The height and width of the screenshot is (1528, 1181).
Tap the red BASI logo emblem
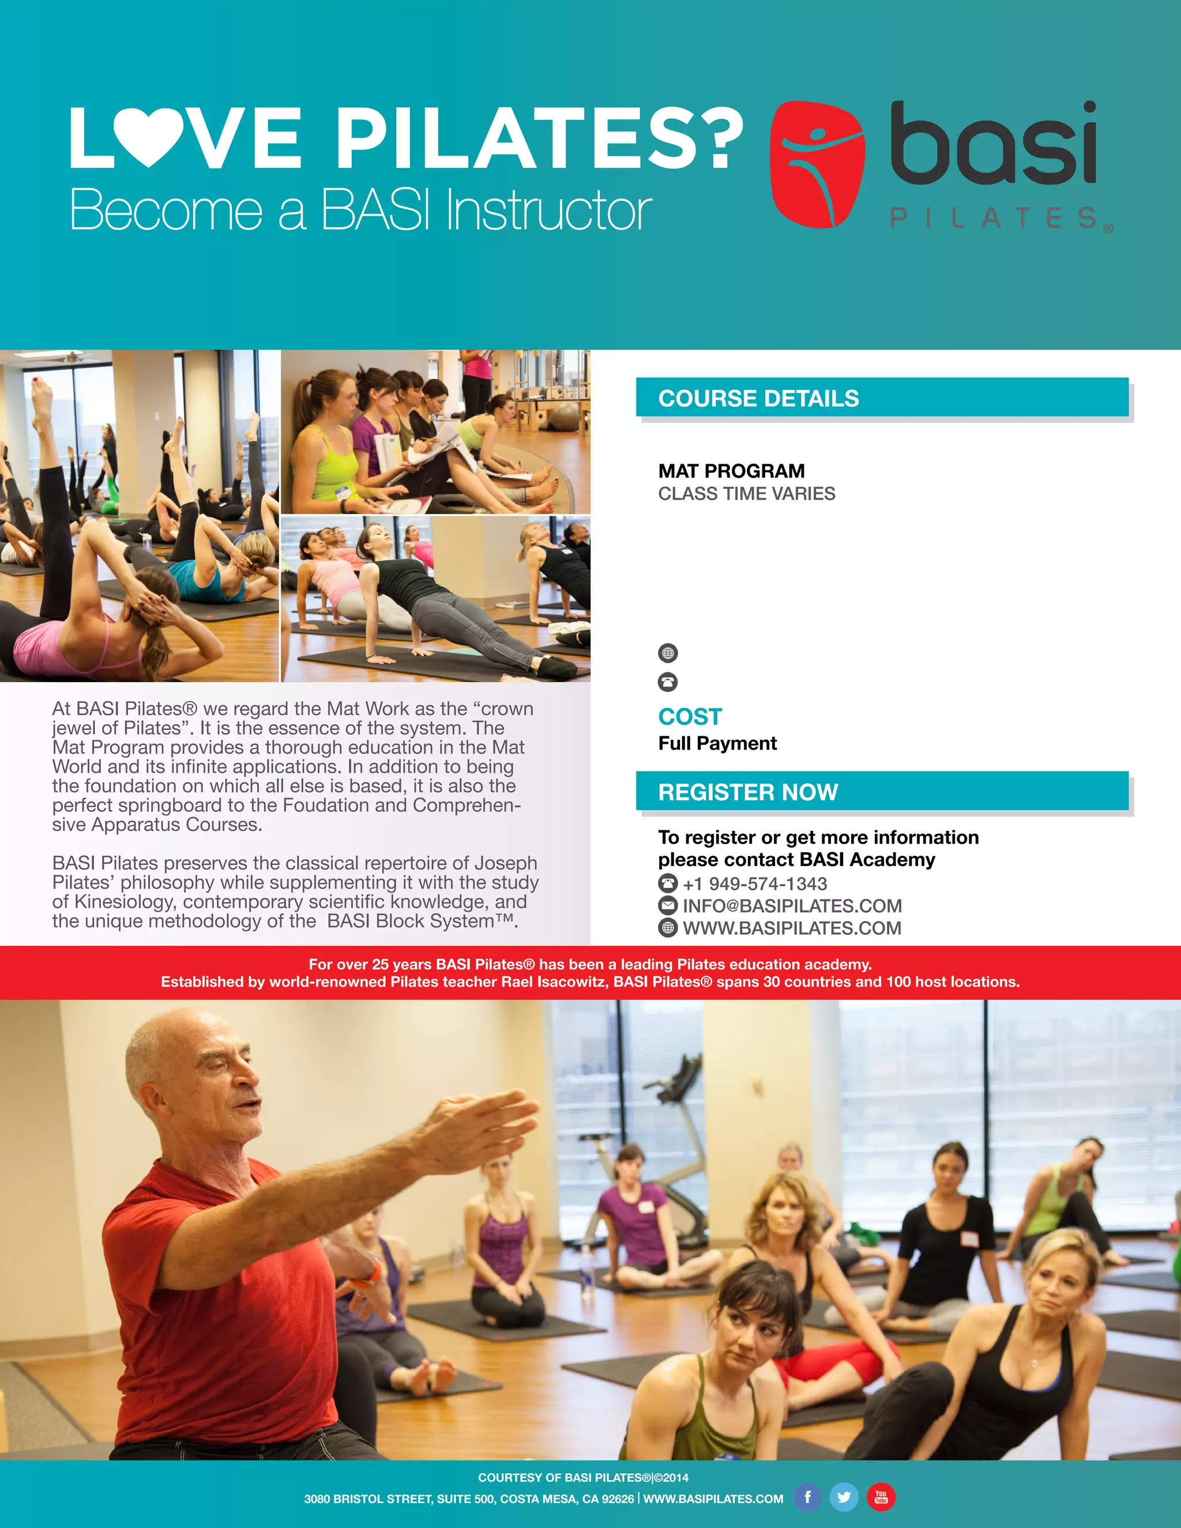[x=817, y=164]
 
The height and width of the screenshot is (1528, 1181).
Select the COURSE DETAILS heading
[x=758, y=399]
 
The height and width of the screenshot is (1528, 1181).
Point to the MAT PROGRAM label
[x=731, y=471]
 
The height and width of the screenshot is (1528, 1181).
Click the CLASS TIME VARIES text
[x=747, y=494]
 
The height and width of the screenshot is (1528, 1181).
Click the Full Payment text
[x=717, y=743]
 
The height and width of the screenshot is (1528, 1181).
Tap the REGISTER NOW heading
[x=748, y=792]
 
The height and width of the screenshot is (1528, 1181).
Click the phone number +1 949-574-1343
[x=755, y=883]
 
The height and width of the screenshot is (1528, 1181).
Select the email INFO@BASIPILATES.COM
[x=792, y=906]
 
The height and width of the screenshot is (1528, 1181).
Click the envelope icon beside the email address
[x=668, y=905]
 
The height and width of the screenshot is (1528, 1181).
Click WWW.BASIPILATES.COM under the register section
[x=792, y=928]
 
